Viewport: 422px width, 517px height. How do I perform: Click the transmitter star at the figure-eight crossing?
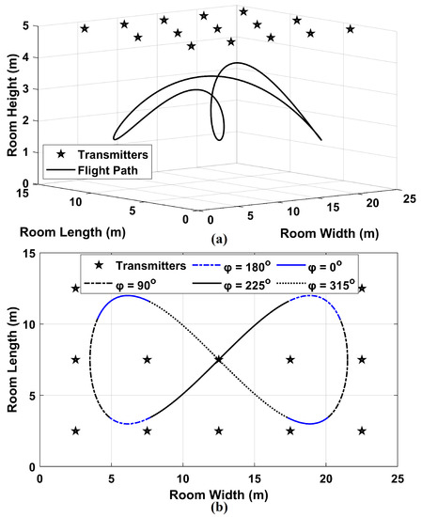tap(219, 359)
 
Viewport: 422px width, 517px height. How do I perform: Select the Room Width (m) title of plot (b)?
tap(218, 493)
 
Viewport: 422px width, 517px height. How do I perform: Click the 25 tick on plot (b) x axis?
tap(398, 478)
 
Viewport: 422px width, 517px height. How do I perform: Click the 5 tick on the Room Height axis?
tap(27, 26)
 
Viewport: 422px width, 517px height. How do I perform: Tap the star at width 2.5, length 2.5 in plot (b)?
tap(76, 431)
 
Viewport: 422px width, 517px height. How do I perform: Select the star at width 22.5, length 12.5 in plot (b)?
tap(362, 289)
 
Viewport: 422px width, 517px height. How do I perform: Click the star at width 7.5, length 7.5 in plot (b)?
tap(148, 359)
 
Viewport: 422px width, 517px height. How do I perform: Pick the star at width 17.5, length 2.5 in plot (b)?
tap(290, 431)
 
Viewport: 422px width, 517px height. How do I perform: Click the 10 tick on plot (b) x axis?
tap(183, 478)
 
